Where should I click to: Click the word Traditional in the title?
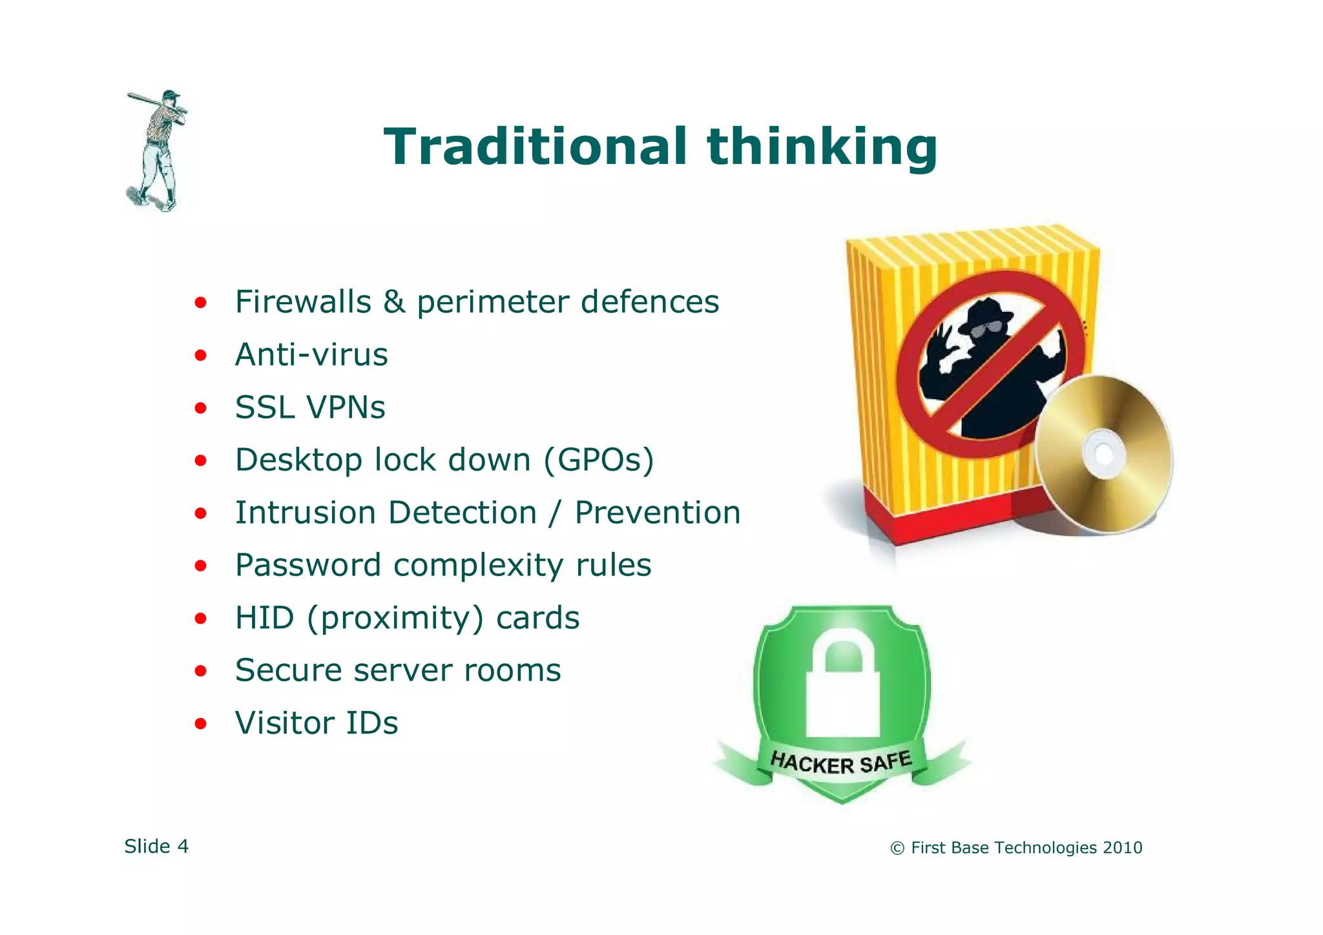click(535, 147)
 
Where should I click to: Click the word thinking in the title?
click(822, 147)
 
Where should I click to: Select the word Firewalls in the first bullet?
click(302, 302)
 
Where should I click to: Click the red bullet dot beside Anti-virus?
click(201, 355)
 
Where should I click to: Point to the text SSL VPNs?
click(310, 407)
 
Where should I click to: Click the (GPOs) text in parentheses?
click(599, 460)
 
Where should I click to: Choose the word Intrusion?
click(305, 513)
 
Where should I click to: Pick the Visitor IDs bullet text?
click(317, 723)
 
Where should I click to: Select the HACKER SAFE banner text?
click(841, 763)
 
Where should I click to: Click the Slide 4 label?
click(156, 847)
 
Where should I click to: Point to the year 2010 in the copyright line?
click(1122, 848)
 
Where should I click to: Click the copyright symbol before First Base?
click(897, 848)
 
